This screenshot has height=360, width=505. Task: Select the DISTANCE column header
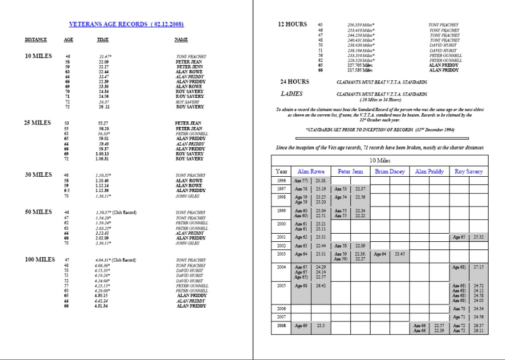tap(35, 39)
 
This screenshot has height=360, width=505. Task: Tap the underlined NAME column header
tap(181, 39)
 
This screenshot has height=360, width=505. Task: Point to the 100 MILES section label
tap(40, 259)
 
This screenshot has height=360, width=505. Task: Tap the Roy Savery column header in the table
tap(466, 171)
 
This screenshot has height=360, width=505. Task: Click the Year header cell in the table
tap(282, 171)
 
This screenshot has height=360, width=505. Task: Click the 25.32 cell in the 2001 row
tap(478, 237)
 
